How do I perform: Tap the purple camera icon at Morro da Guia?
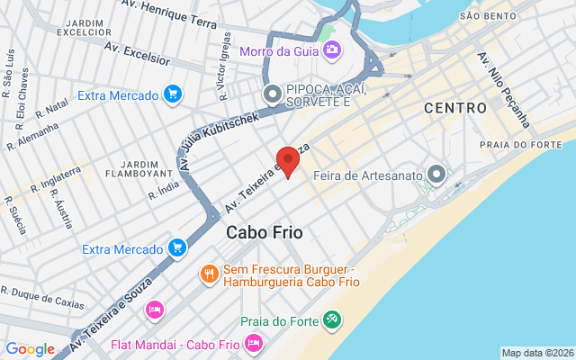(331, 49)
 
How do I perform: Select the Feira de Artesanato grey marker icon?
(437, 174)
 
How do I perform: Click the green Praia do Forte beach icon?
(332, 319)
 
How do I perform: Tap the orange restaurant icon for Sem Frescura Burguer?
(209, 273)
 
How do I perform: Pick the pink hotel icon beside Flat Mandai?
(254, 343)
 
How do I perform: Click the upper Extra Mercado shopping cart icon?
(173, 94)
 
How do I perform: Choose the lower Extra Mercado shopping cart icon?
(177, 247)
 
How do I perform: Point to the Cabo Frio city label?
(264, 232)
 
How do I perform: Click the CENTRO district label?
(455, 109)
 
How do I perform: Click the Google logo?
(30, 349)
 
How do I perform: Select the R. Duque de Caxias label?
(42, 297)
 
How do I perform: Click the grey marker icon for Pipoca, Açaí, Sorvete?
(271, 94)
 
